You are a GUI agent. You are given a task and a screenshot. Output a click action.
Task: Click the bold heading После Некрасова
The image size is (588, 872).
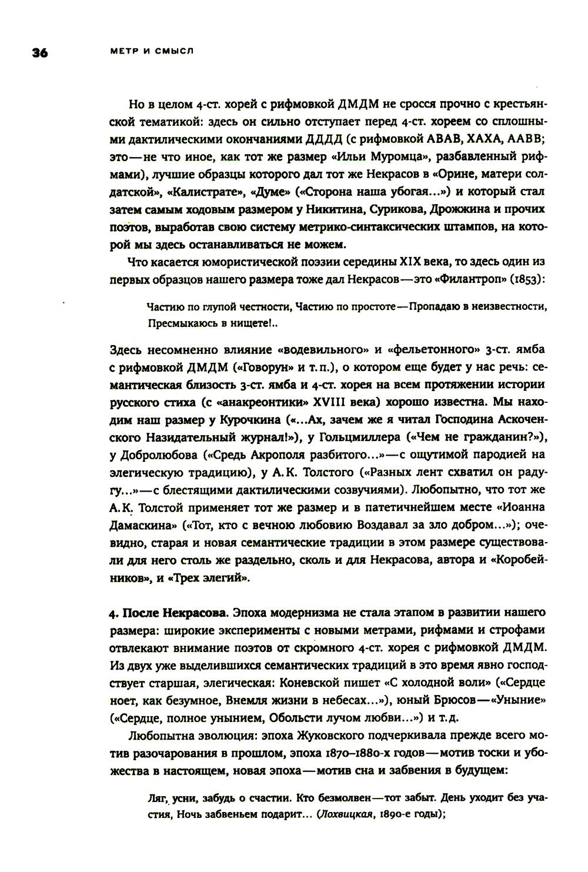tap(175, 614)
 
